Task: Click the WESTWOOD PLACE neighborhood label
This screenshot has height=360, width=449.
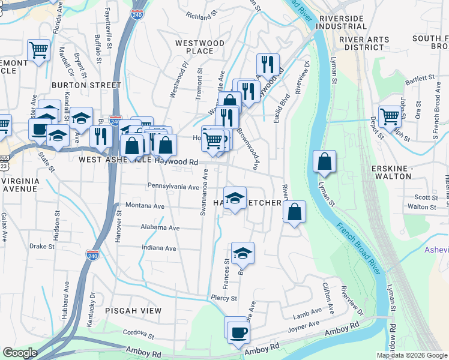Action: click(x=199, y=47)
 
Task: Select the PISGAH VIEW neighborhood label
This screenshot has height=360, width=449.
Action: click(x=133, y=310)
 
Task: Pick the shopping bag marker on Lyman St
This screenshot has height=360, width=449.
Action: click(x=325, y=161)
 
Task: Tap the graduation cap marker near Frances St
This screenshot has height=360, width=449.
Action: click(x=243, y=253)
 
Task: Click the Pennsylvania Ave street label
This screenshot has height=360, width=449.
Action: click(x=173, y=187)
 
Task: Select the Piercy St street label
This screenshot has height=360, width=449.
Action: click(x=224, y=298)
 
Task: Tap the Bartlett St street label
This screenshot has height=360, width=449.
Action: click(x=419, y=78)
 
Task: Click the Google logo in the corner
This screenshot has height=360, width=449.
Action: click(x=20, y=353)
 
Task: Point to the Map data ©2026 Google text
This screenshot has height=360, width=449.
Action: click(x=412, y=355)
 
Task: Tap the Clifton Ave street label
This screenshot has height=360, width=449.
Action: click(x=328, y=294)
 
